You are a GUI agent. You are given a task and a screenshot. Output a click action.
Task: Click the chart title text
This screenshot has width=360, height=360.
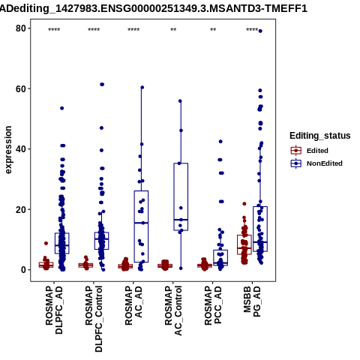click(x=153, y=9)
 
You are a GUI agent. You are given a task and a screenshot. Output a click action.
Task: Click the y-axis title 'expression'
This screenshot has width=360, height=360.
click(x=8, y=150)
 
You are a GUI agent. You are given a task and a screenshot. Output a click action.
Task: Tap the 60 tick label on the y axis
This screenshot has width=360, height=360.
click(x=21, y=88)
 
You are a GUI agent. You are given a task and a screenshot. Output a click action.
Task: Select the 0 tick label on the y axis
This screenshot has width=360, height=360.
click(x=24, y=270)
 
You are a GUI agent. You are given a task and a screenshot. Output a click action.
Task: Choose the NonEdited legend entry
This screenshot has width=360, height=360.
click(x=316, y=163)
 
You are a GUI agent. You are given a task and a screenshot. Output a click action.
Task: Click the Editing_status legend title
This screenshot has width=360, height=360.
click(x=320, y=136)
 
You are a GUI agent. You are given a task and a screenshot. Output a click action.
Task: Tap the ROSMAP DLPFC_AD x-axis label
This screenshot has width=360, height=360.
click(x=54, y=310)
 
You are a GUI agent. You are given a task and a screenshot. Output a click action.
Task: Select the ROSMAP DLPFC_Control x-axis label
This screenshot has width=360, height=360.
click(x=94, y=319)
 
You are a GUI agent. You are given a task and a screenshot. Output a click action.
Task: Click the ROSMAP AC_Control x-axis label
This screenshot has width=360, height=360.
click(x=173, y=310)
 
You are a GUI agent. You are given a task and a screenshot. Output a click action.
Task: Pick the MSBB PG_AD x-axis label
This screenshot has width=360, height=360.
click(x=252, y=301)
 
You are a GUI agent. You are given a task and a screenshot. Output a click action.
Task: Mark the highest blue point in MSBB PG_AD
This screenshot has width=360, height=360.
click(x=260, y=31)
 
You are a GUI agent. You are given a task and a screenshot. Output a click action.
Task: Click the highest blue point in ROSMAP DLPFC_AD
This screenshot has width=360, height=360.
click(x=62, y=108)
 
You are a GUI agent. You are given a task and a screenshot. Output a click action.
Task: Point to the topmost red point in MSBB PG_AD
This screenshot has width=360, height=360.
click(x=244, y=204)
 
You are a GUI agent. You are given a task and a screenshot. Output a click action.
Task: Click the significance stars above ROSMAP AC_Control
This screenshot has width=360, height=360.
click(x=173, y=29)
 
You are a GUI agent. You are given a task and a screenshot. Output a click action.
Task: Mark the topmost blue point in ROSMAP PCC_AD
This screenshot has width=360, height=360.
click(x=220, y=142)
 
